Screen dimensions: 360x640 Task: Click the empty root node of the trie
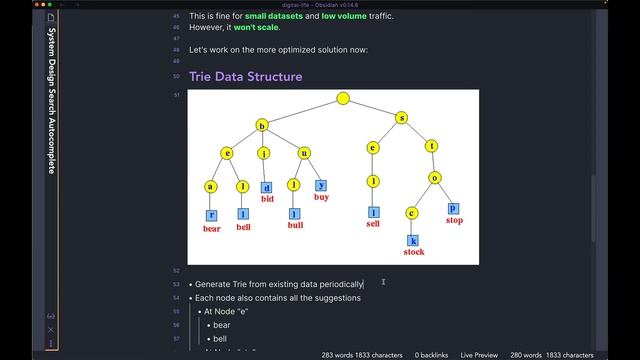[x=343, y=98]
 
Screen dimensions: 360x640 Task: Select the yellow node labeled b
[x=262, y=125]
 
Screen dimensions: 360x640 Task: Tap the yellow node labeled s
[x=402, y=117]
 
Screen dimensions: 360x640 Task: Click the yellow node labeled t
[x=432, y=147]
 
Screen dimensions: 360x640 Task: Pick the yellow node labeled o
[x=435, y=178]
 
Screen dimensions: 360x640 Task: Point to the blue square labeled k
[x=412, y=240]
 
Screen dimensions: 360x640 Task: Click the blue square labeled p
[x=453, y=208]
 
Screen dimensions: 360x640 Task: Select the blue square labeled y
[x=321, y=185]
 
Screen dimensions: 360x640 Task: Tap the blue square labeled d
[x=267, y=187]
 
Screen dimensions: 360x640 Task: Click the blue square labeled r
[x=211, y=215]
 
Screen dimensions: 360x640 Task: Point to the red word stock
[x=413, y=252]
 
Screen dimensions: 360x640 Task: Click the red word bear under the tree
[x=211, y=228]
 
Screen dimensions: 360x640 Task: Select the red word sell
[x=373, y=224]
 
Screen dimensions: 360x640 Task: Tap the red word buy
[x=321, y=197]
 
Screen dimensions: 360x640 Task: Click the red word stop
[x=454, y=220]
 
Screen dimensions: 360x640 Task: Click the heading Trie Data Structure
[x=245, y=76]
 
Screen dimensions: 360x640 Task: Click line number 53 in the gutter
[x=177, y=284]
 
